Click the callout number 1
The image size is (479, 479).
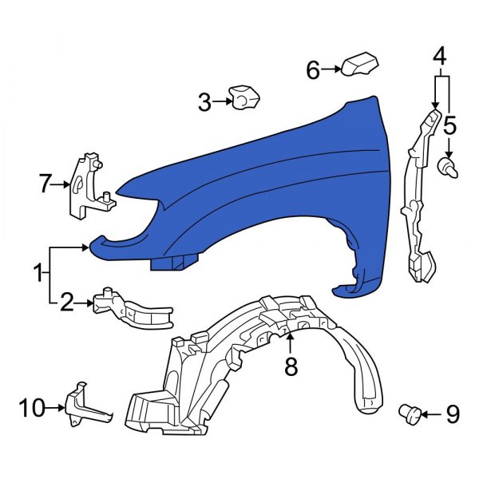(38, 275)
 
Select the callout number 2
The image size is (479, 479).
(67, 302)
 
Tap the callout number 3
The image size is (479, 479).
(205, 102)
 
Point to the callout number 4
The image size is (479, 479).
(440, 57)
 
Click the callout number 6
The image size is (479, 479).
(313, 71)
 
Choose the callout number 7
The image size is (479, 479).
(45, 184)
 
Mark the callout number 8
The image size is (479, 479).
(291, 366)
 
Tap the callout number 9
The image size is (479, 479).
(453, 414)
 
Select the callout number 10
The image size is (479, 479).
(33, 409)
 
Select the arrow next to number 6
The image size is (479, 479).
(332, 71)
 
